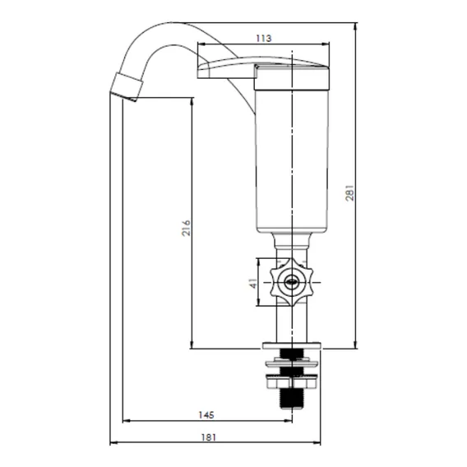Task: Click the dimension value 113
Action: pos(264,38)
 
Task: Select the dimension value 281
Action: pos(350,192)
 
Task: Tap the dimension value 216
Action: pos(186,228)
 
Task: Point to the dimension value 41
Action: pos(253,283)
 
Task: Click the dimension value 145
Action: pos(206,414)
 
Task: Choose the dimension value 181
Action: pos(209,437)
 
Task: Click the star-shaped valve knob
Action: pos(292,282)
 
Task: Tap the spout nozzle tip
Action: pos(126,86)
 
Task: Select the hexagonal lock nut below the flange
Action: pos(292,382)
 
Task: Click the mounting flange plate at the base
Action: pos(292,345)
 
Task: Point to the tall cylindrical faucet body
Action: pos(292,161)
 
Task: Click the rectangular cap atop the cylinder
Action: pos(292,77)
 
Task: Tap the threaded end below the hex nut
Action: pos(292,399)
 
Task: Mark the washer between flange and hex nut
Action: pos(292,363)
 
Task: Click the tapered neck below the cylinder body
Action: pos(292,241)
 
